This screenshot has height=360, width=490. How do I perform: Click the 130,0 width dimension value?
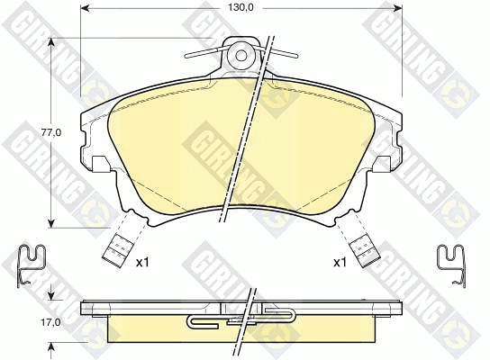click(x=240, y=7)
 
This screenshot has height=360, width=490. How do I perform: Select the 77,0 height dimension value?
click(x=51, y=132)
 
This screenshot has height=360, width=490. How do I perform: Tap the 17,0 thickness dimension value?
click(x=51, y=321)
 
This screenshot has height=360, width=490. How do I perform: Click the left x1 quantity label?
click(x=142, y=262)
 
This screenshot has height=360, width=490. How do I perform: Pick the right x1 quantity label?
click(x=340, y=262)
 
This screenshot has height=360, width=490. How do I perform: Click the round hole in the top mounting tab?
click(x=240, y=55)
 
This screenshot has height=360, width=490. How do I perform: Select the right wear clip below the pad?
click(x=366, y=251)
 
